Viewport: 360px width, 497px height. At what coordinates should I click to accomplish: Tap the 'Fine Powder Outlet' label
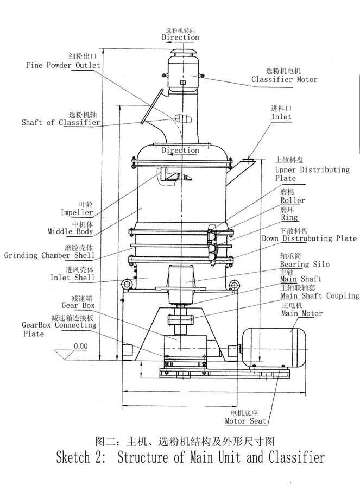(63, 65)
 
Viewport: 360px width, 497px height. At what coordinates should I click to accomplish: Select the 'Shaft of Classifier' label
(61, 123)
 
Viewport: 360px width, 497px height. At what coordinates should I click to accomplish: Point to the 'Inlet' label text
(281, 117)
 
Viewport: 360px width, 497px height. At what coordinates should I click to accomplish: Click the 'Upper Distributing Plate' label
(312, 174)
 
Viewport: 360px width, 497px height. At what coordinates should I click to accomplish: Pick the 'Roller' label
(293, 200)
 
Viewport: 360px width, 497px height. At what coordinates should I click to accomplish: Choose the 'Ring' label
(289, 218)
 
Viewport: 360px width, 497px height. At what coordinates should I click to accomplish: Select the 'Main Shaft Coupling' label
(319, 296)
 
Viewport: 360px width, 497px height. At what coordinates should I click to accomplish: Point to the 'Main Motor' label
(301, 313)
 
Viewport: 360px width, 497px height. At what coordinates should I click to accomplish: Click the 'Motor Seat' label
(246, 421)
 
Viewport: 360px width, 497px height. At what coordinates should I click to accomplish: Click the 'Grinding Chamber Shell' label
(49, 255)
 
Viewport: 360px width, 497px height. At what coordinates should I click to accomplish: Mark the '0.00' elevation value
(80, 346)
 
